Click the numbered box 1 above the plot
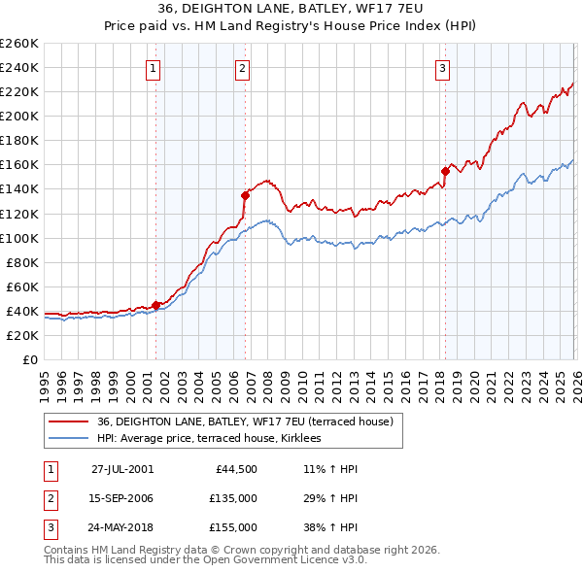(154, 68)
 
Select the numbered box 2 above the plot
(241, 68)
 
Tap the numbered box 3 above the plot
(442, 68)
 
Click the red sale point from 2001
(156, 305)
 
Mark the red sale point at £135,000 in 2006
(245, 195)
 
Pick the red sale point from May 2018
(445, 171)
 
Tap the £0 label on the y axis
(29, 359)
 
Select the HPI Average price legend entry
(216, 439)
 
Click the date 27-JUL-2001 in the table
(122, 468)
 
